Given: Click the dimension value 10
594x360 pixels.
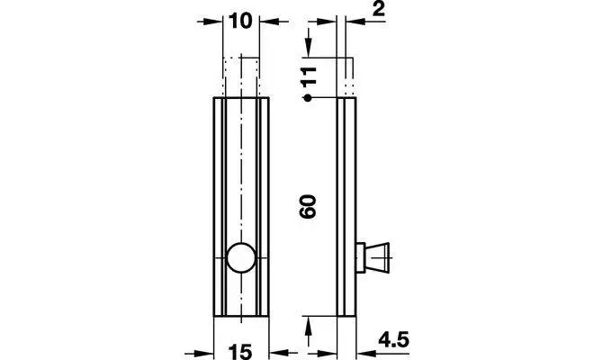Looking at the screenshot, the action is tap(240, 21).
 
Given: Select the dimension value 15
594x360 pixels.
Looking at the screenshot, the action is tap(240, 352).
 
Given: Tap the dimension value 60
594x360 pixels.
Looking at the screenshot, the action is tap(307, 206).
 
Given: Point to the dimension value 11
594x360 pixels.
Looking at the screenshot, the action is tap(308, 76).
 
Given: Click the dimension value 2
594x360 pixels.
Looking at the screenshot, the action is tap(378, 10).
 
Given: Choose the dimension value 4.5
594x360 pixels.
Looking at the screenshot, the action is tap(393, 339).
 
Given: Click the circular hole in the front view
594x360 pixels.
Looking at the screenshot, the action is tap(241, 257).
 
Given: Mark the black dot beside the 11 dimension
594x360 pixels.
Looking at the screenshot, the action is tap(308, 98).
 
